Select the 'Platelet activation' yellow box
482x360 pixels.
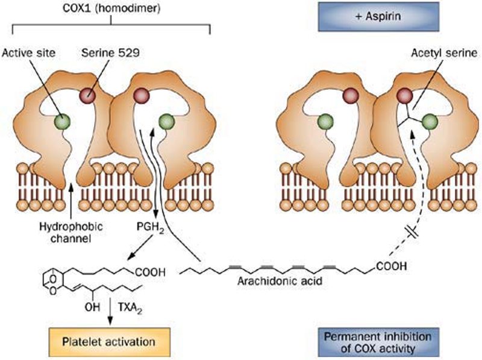109,341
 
